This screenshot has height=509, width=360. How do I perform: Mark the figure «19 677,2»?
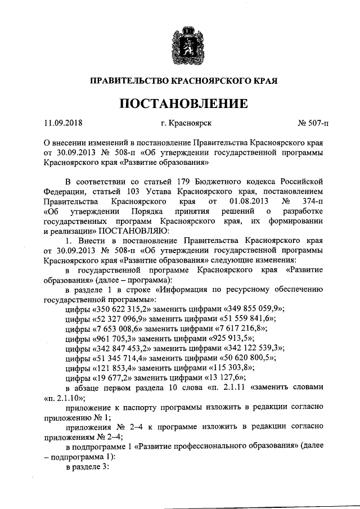tap(114, 379)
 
